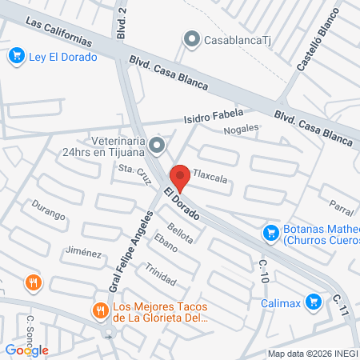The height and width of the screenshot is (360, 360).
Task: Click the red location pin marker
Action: pyautogui.click(x=181, y=178)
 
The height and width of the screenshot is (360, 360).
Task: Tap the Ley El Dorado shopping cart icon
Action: pyautogui.click(x=15, y=56)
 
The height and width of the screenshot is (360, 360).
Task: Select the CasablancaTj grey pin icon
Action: pyautogui.click(x=191, y=38)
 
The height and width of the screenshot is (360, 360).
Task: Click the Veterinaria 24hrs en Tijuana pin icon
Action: pyautogui.click(x=157, y=145)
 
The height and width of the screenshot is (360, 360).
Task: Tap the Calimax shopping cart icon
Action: pyautogui.click(x=314, y=302)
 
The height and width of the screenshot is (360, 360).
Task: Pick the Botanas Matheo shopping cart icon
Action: pyautogui.click(x=271, y=233)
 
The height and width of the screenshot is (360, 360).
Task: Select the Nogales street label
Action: pyautogui.click(x=242, y=129)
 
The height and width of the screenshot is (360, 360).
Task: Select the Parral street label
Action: pyautogui.click(x=341, y=209)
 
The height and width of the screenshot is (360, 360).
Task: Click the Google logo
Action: pyautogui.click(x=26, y=350)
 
